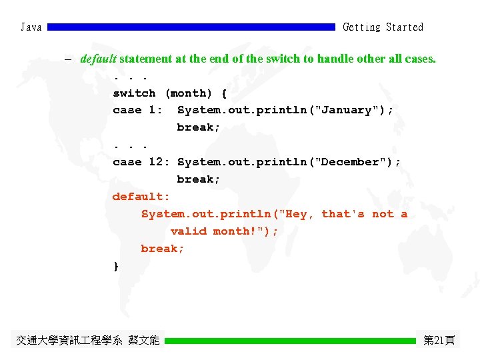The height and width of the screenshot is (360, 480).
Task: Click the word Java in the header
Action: point(31,27)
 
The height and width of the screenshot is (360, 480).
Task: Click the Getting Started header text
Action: point(383,27)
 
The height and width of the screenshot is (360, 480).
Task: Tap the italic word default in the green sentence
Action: point(98,59)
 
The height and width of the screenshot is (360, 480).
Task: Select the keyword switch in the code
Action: point(134,93)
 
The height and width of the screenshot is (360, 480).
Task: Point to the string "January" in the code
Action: point(347,111)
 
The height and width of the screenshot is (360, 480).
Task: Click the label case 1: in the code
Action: point(138,111)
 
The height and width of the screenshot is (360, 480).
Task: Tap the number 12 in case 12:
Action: point(155,162)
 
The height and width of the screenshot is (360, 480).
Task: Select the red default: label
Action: point(141,197)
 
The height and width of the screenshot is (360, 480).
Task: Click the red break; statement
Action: point(163,249)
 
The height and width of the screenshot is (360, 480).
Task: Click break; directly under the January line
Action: point(199,127)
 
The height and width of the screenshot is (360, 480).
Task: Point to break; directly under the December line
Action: point(199,179)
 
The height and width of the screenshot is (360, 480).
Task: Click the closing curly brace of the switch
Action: point(116,266)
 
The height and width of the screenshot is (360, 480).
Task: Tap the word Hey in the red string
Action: point(296,214)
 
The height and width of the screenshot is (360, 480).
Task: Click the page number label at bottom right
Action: point(439,341)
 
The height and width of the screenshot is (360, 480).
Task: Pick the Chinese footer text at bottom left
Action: point(88,341)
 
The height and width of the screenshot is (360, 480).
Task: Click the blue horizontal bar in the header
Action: point(191,27)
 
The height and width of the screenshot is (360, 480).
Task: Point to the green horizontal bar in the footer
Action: point(290,341)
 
